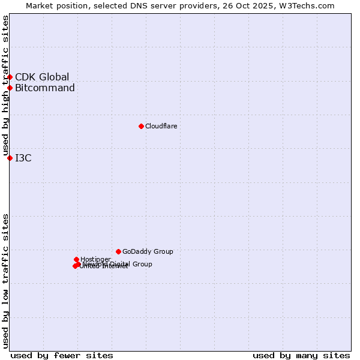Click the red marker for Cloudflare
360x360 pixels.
[141, 126]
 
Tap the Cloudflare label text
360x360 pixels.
[161, 126]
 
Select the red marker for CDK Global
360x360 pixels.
[10, 77]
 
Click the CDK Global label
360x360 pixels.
[42, 77]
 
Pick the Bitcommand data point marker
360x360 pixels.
[10, 88]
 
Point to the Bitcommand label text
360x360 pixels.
[45, 88]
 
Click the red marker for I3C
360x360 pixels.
[10, 158]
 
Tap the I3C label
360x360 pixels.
[23, 158]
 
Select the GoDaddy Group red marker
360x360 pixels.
[118, 251]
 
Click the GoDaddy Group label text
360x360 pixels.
[148, 251]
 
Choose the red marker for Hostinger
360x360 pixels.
[76, 259]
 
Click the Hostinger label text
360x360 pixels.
[95, 259]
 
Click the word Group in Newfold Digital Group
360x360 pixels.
[142, 264]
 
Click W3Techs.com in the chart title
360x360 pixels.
[310, 5]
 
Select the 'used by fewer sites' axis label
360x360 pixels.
[62, 355]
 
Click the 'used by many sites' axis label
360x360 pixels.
[301, 355]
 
